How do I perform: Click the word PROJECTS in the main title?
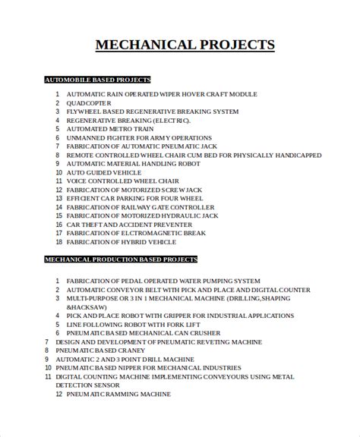pos(234,45)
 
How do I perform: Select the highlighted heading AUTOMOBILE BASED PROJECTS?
pos(97,79)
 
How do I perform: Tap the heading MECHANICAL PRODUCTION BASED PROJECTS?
pos(121,259)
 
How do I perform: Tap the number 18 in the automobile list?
pos(58,241)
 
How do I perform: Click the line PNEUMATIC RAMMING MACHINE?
pos(118,395)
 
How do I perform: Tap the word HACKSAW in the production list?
pos(84,307)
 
